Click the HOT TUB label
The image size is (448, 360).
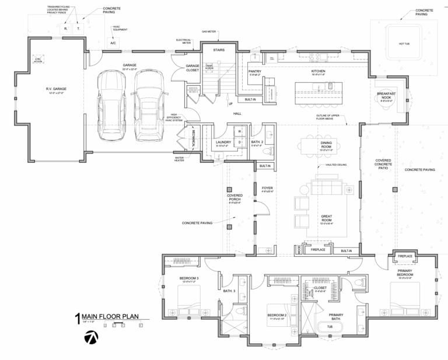pyautogui.click(x=405, y=43)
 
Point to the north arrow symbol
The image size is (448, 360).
pyautogui.click(x=92, y=337)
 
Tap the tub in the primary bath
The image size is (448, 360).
pyautogui.click(x=330, y=326)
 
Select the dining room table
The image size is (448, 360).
pyautogui.click(x=325, y=146)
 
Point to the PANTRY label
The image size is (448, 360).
pyautogui.click(x=254, y=72)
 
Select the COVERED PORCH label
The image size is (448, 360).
pyautogui.click(x=235, y=198)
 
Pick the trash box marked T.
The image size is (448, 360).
pyautogui.click(x=78, y=28)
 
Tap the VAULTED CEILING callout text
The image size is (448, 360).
pyautogui.click(x=337, y=165)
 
